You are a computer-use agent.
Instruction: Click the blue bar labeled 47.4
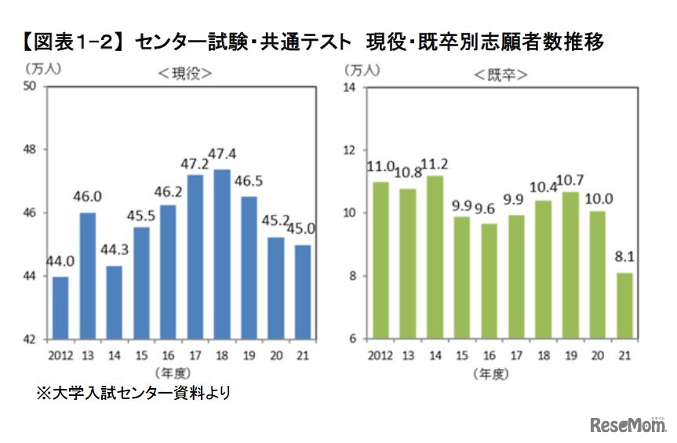(x=222, y=254)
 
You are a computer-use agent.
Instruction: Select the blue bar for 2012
(x=60, y=307)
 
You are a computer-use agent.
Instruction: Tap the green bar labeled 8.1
(x=624, y=305)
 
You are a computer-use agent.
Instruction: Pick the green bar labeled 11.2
(x=435, y=257)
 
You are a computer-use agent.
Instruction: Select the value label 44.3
(x=113, y=253)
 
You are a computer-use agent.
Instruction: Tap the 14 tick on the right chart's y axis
(x=351, y=87)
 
